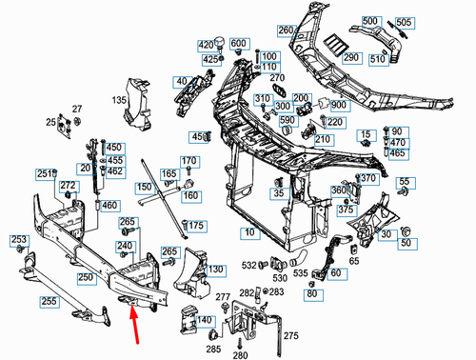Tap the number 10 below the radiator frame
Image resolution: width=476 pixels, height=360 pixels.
[248, 232]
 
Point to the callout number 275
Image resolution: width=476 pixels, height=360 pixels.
[291, 335]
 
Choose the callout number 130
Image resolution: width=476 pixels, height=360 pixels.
[216, 270]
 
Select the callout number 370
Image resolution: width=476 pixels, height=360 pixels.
[367, 178]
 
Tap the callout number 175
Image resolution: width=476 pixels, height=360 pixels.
[196, 225]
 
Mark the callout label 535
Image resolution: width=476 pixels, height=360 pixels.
[300, 273]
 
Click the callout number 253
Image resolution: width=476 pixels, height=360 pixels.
[18, 239]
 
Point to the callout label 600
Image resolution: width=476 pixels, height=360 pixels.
[238, 44]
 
